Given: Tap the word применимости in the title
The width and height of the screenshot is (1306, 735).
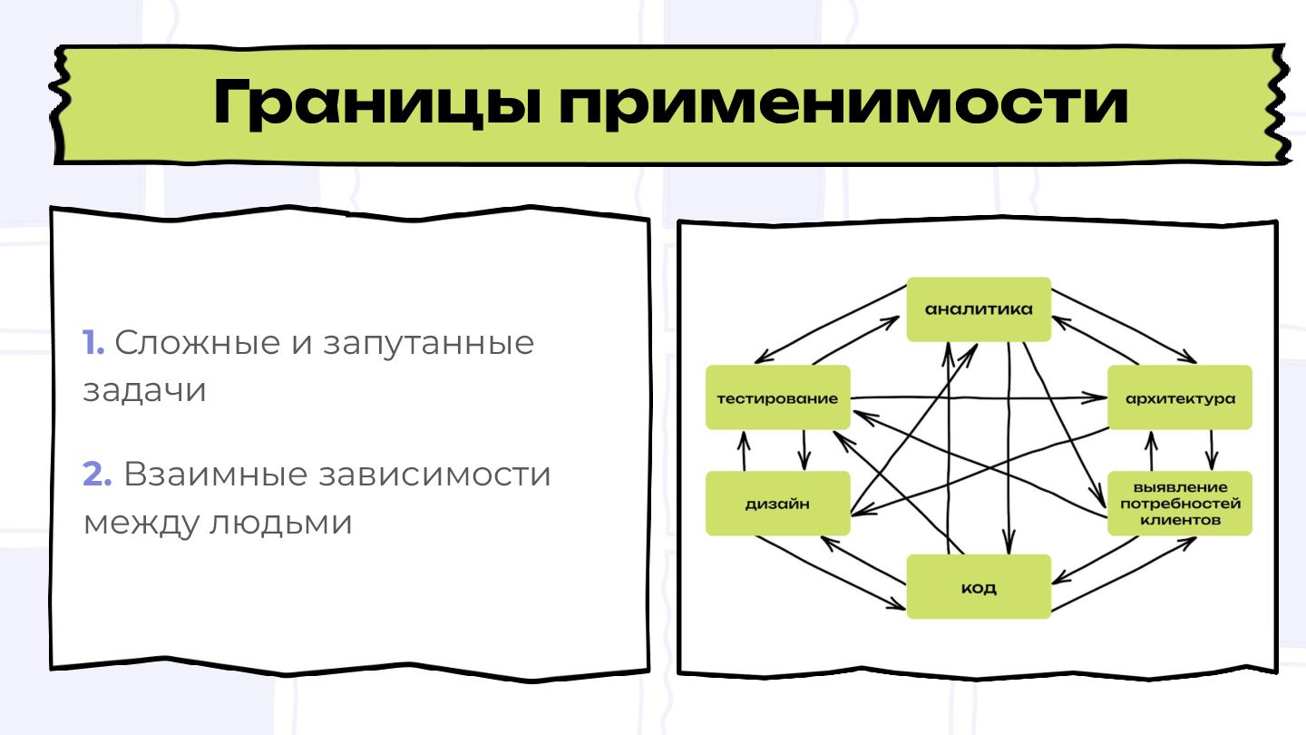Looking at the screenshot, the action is pyautogui.click(x=843, y=103).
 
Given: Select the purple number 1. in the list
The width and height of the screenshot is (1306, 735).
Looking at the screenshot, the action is pyautogui.click(x=93, y=343).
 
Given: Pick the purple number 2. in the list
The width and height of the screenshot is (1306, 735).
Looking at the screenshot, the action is pyautogui.click(x=97, y=475).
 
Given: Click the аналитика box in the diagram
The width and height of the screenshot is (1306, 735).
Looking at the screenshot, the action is pyautogui.click(x=979, y=309).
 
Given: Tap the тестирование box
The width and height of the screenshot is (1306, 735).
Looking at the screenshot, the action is pyautogui.click(x=778, y=398).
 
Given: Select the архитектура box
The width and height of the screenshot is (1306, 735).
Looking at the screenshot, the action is pyautogui.click(x=1179, y=398).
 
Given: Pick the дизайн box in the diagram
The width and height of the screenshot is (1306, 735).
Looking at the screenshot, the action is pyautogui.click(x=778, y=504).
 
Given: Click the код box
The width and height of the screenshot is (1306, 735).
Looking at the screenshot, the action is pyautogui.click(x=979, y=587).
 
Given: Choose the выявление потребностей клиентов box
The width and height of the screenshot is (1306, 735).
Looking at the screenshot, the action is pyautogui.click(x=1179, y=504).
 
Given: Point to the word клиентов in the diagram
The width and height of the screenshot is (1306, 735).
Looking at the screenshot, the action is pyautogui.click(x=1180, y=521).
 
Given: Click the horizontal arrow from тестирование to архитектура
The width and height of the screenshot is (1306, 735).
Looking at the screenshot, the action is pyautogui.click(x=979, y=397).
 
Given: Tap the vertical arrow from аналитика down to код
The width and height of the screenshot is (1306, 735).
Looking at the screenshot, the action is pyautogui.click(x=1009, y=454).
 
